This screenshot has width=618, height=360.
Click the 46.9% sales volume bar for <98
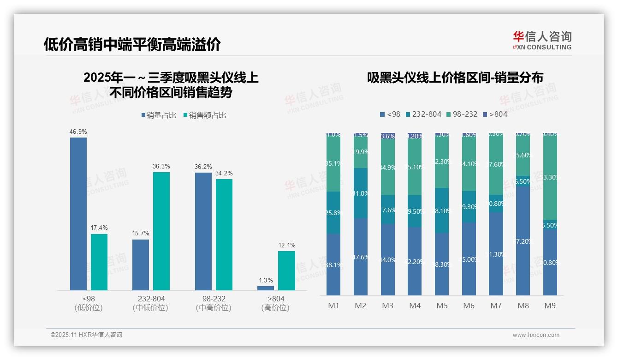click(78, 214)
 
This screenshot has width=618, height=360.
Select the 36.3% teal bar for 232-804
click(161, 231)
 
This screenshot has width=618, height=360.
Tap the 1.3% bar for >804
click(266, 288)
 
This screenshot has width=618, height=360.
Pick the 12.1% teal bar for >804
click(286, 270)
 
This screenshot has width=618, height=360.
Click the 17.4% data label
click(99, 228)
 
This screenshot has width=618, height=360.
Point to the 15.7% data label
click(141, 234)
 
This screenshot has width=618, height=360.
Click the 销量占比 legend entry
click(159, 115)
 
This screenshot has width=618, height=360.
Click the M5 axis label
click(442, 306)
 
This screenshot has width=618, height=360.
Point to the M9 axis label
click(550, 306)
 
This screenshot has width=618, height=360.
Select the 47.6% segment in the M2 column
click(361, 257)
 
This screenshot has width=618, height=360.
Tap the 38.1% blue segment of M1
click(333, 264)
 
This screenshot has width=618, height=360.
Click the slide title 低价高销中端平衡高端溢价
click(132, 44)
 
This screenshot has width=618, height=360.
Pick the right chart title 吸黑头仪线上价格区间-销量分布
click(455, 78)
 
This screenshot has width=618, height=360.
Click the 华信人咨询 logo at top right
click(542, 40)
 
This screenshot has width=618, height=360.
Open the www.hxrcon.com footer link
click(536, 335)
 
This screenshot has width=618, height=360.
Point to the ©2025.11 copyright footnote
click(87, 335)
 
